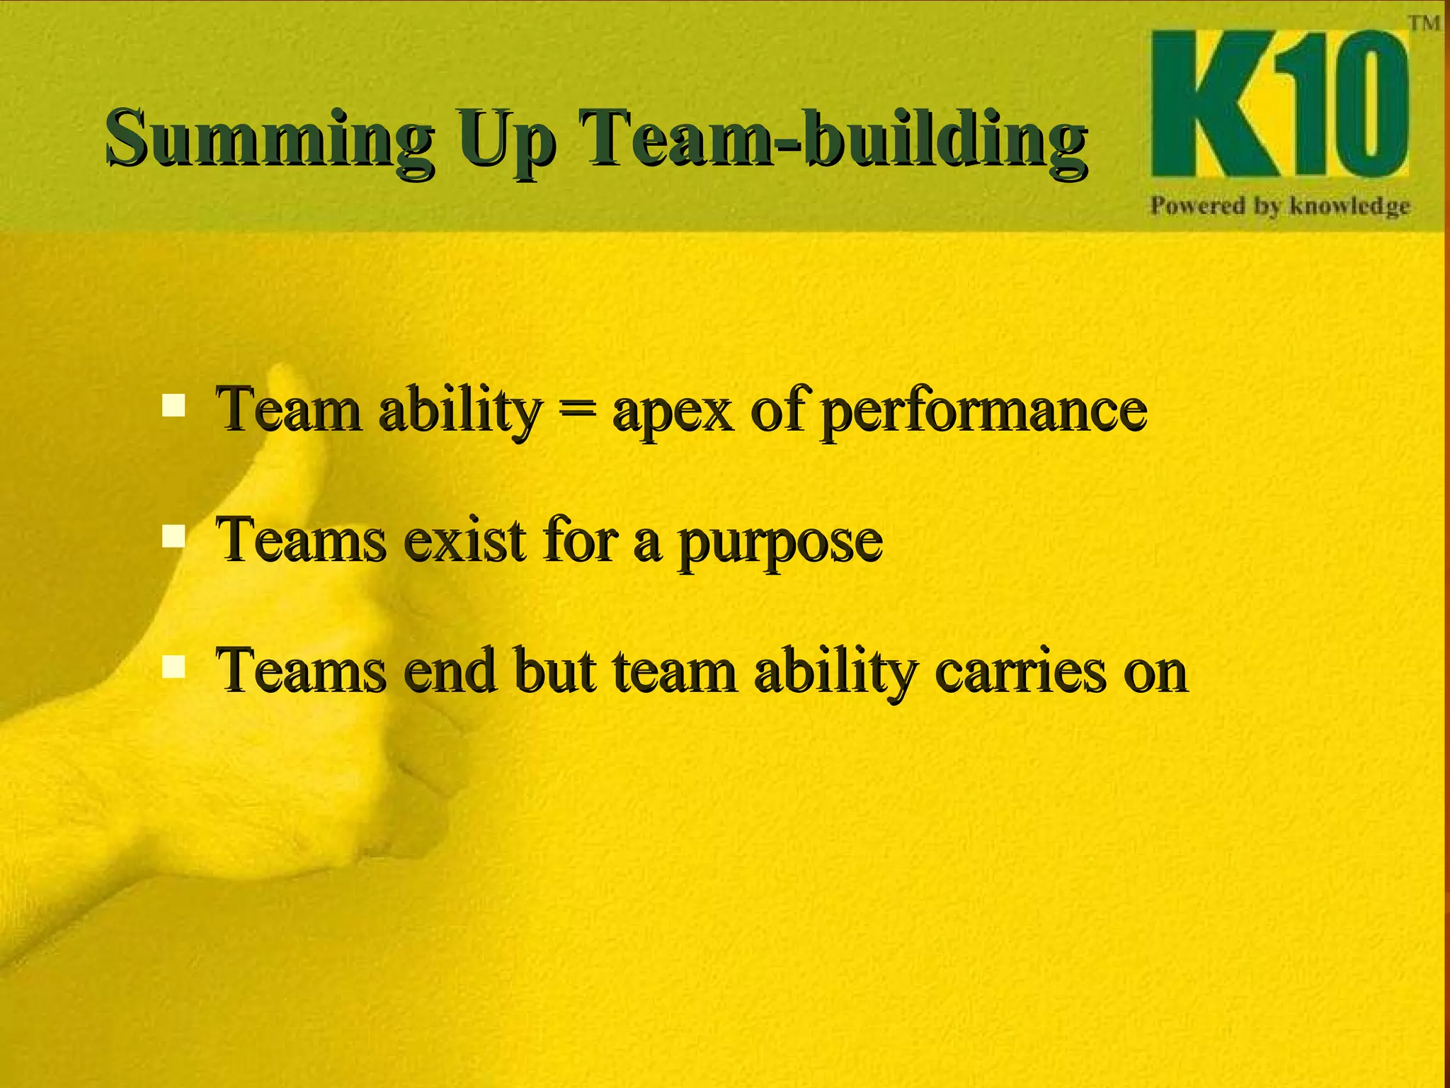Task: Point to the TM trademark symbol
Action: pos(1424,23)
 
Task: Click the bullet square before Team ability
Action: pos(173,405)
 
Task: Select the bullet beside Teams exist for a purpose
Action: pos(173,535)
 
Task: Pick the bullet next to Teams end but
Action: pos(173,667)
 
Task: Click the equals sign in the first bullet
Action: pos(576,412)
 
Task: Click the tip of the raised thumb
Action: pos(283,375)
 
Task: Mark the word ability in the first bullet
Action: pos(460,412)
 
